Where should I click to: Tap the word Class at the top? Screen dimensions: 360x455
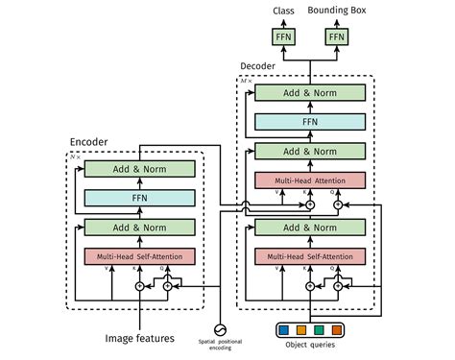coord(283,11)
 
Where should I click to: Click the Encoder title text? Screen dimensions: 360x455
coord(89,142)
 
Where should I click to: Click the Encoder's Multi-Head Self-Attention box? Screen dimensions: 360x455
coord(139,257)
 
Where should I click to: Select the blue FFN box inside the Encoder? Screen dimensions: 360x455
coord(139,198)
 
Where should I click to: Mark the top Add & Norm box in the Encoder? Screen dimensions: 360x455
coord(139,169)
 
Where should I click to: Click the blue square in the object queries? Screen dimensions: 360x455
coord(284,329)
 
